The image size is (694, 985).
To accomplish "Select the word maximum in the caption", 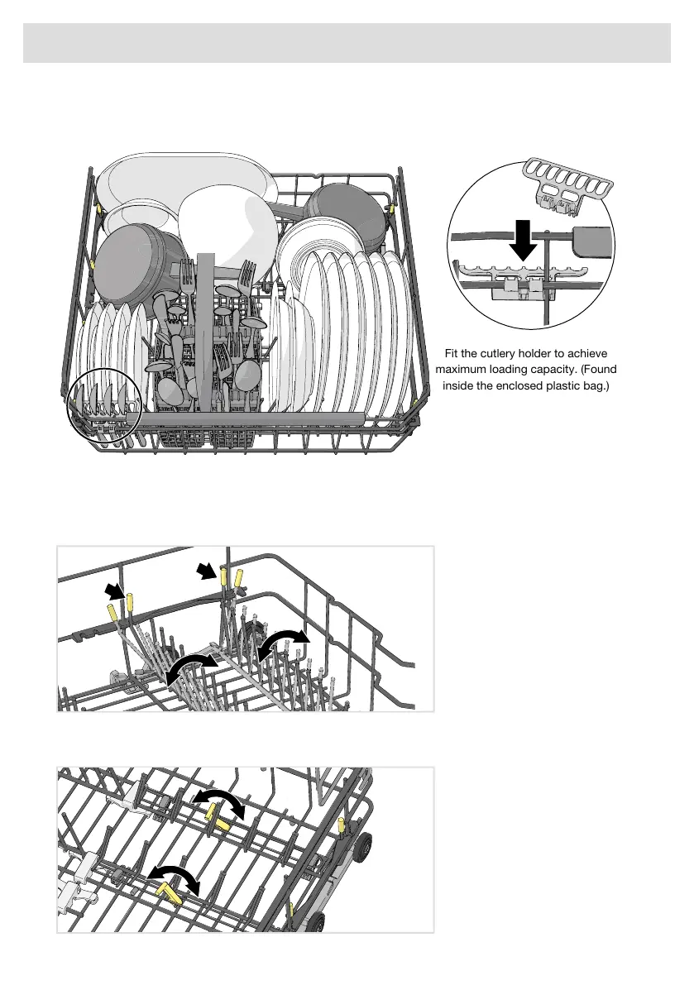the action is click(x=461, y=370).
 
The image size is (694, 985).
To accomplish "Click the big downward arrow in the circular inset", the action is click(x=523, y=239).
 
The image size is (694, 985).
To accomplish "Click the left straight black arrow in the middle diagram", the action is click(x=114, y=590).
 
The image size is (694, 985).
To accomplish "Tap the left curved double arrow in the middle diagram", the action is click(x=189, y=665).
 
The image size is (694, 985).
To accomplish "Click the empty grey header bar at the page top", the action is click(x=347, y=43).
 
